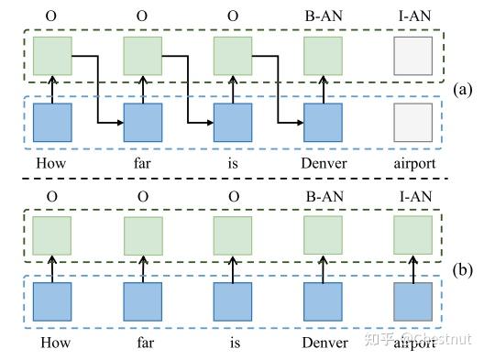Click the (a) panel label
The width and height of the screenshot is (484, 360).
(x=464, y=90)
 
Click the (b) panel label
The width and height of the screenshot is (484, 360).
(x=464, y=270)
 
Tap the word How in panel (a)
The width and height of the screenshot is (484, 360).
(x=52, y=163)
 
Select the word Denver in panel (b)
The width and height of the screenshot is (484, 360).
(x=322, y=343)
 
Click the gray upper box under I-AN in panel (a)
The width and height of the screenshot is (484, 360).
(x=412, y=56)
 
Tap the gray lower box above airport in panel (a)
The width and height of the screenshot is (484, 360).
(x=412, y=123)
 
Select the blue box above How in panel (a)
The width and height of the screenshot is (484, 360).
(x=52, y=123)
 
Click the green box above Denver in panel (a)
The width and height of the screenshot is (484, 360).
(x=322, y=56)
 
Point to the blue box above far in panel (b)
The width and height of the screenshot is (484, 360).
(x=142, y=302)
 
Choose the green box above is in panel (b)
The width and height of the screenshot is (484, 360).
(x=232, y=235)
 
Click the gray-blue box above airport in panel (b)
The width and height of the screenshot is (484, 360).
(x=412, y=302)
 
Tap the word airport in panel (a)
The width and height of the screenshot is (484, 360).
(x=412, y=163)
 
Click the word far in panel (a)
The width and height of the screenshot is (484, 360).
(x=142, y=163)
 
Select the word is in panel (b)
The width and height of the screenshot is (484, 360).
(x=232, y=343)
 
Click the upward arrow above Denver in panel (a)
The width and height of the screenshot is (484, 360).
(x=322, y=90)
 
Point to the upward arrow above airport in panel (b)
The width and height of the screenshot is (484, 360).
(x=412, y=269)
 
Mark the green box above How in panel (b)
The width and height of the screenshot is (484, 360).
(x=52, y=235)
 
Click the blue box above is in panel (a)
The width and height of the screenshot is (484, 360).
(x=232, y=123)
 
